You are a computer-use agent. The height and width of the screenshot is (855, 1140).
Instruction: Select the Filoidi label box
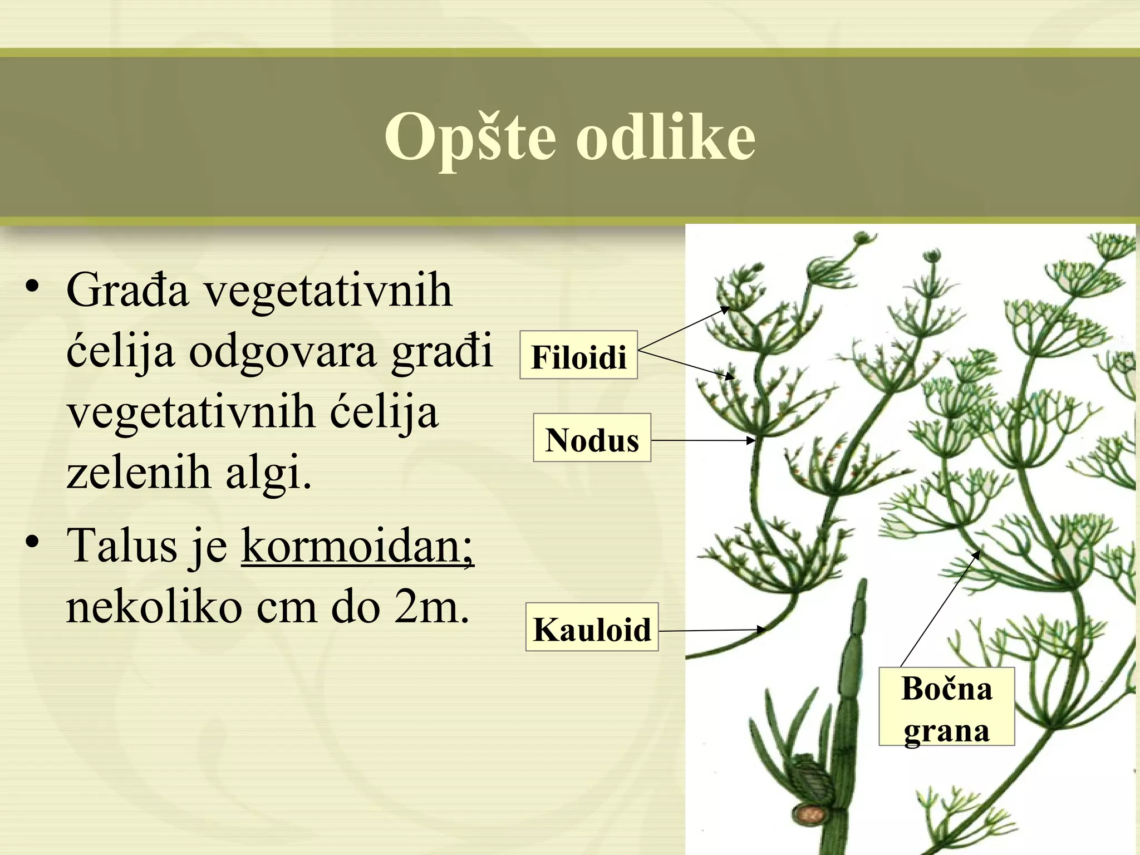578,356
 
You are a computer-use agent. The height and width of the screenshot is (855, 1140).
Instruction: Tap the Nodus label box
592,438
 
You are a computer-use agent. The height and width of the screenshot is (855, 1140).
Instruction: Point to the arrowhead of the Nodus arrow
753,440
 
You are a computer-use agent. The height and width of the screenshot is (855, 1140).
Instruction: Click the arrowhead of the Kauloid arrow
764,630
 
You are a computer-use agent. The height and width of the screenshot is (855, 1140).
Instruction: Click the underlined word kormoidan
357,546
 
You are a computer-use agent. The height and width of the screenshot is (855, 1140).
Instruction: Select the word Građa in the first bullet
127,291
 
